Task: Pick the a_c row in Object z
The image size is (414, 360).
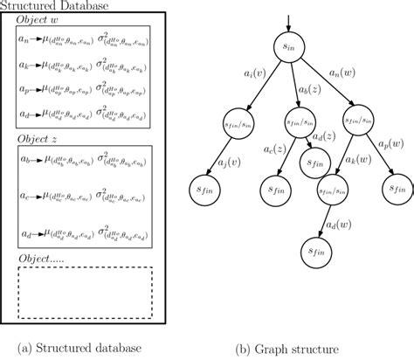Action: [x=84, y=198]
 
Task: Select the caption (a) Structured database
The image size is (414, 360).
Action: [x=84, y=350]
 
